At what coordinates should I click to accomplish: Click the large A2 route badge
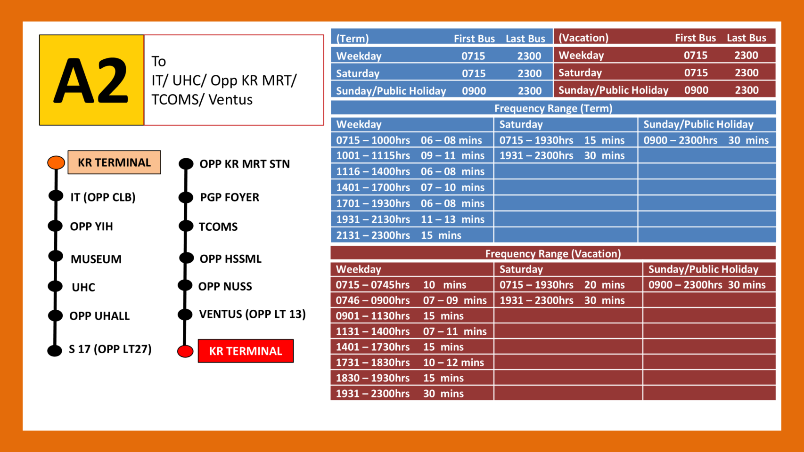tap(91, 80)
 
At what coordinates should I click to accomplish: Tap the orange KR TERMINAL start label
tap(114, 162)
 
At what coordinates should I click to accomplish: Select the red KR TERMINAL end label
tap(246, 351)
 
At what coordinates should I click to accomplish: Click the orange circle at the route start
tap(56, 162)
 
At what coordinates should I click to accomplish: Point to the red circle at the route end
tap(185, 351)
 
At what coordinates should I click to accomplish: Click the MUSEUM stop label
tap(96, 259)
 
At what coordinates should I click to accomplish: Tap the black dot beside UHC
tap(55, 286)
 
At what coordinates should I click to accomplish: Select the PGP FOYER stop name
tap(230, 197)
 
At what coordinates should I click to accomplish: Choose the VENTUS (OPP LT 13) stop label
tap(252, 314)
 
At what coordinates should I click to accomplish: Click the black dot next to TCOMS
tap(186, 226)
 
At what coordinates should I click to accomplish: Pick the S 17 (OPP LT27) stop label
tap(110, 349)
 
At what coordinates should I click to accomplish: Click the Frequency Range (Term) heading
tap(553, 108)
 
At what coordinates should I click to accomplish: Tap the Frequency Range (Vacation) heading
tap(553, 254)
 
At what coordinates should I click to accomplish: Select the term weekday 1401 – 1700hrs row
tap(410, 187)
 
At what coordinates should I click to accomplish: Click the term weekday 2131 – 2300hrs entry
tap(398, 235)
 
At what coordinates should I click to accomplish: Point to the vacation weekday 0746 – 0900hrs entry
tap(411, 300)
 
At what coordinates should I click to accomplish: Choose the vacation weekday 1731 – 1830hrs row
tap(410, 363)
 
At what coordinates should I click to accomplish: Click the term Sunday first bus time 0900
tap(474, 91)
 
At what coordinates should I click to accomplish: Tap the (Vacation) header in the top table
tap(583, 38)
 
